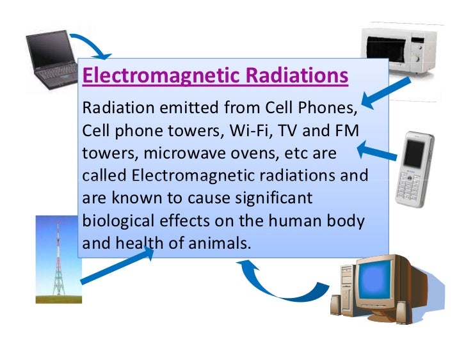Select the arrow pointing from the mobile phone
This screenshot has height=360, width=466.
[378, 152]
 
